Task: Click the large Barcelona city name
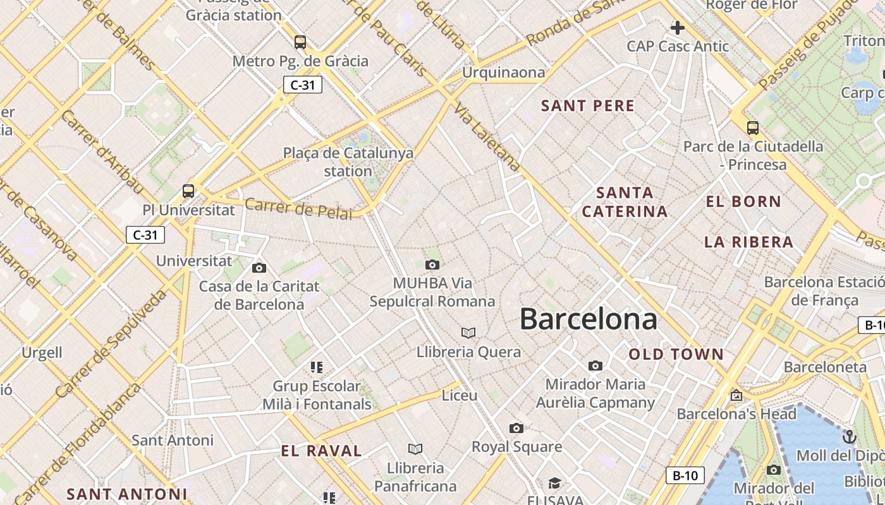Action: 589,319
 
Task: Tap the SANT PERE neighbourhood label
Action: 588,106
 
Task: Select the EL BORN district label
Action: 743,202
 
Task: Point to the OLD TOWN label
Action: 676,354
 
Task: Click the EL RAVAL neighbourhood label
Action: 322,451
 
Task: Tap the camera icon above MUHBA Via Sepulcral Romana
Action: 432,264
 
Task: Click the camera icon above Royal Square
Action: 516,429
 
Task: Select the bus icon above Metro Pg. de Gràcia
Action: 300,42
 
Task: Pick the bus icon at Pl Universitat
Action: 188,191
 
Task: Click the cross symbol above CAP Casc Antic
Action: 678,28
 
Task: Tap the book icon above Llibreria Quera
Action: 468,333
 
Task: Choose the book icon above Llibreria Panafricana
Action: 415,449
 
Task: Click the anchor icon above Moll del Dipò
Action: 850,436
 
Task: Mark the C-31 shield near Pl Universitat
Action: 145,235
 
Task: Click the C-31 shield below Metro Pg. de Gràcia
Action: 303,85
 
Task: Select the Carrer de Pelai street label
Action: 298,209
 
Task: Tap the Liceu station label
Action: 460,395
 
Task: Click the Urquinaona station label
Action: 503,73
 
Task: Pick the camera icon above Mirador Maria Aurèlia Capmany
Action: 595,365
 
